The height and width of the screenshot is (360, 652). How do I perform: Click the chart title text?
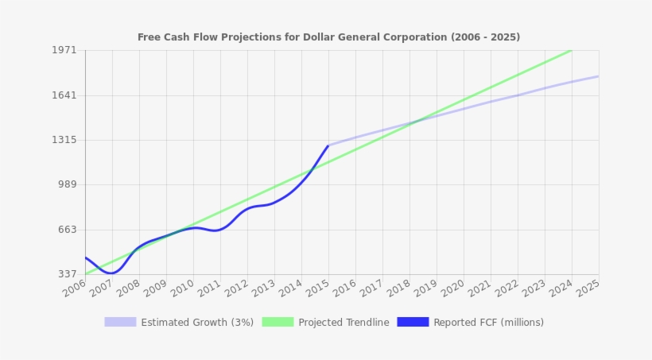[328, 37]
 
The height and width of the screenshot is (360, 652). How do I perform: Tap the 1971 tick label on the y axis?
[65, 50]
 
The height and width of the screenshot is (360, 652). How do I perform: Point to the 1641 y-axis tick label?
[65, 95]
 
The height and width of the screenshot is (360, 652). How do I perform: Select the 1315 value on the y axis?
[65, 140]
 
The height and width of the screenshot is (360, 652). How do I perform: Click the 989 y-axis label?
[67, 184]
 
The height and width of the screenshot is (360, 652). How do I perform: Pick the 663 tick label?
[67, 230]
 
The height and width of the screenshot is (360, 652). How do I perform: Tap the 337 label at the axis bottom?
[67, 274]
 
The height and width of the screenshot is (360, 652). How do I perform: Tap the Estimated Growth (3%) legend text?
[197, 323]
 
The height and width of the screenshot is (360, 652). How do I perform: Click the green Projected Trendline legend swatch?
[277, 322]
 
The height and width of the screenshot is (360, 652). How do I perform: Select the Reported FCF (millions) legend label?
[488, 323]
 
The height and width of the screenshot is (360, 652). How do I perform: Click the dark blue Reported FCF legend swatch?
[413, 322]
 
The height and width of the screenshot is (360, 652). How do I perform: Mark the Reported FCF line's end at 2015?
[328, 145]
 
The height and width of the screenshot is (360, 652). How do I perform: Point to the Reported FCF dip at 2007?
[111, 273]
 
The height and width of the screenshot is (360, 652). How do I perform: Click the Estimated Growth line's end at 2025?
[599, 76]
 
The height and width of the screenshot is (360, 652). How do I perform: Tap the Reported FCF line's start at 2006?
[85, 257]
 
